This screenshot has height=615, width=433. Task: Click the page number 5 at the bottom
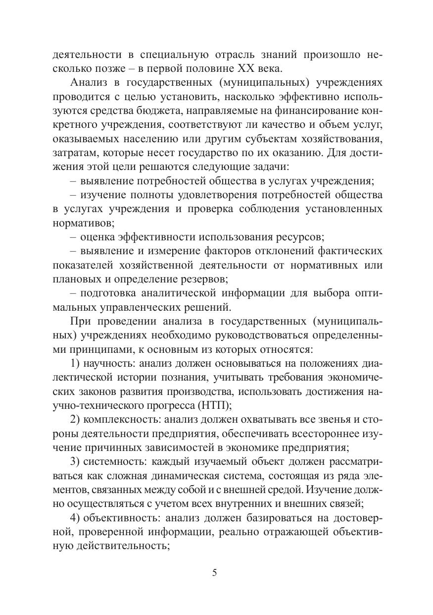pyautogui.click(x=214, y=573)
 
